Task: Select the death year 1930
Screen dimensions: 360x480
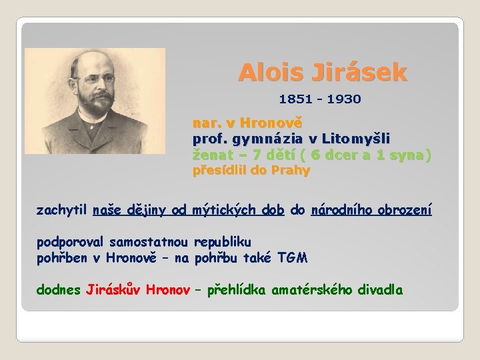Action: tap(344, 99)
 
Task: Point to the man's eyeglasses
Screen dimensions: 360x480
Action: tap(95, 79)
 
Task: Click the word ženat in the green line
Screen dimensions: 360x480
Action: tap(209, 155)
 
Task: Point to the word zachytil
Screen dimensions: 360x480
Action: tap(62, 210)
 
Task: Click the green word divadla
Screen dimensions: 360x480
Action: tap(380, 289)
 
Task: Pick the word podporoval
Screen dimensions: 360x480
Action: tap(71, 241)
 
